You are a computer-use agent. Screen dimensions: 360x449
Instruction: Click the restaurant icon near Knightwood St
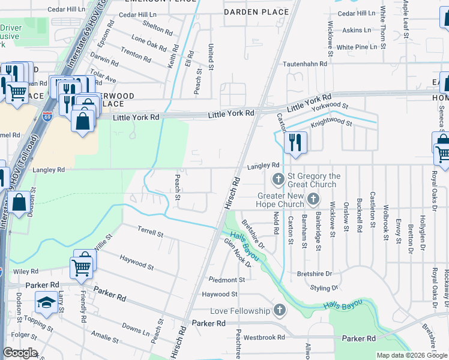(295, 143)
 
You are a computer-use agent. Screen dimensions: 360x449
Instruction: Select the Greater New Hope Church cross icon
(312, 199)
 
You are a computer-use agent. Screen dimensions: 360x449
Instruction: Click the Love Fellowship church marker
(279, 310)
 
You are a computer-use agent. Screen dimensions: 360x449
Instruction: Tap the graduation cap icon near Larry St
(46, 302)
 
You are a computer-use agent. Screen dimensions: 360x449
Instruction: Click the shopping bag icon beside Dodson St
(19, 203)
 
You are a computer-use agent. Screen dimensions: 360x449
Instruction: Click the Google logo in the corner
(20, 353)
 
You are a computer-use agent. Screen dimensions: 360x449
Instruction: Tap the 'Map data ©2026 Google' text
(411, 355)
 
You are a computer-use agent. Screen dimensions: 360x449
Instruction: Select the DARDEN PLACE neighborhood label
(249, 12)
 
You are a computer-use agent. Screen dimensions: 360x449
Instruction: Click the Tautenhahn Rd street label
(306, 63)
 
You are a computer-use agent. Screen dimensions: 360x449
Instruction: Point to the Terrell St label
(150, 232)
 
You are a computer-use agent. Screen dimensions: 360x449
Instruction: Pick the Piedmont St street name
(227, 280)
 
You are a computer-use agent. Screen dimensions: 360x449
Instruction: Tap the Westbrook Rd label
(264, 337)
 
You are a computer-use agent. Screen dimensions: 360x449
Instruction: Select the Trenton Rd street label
(136, 55)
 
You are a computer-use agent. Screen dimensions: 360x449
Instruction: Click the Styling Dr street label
(325, 289)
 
